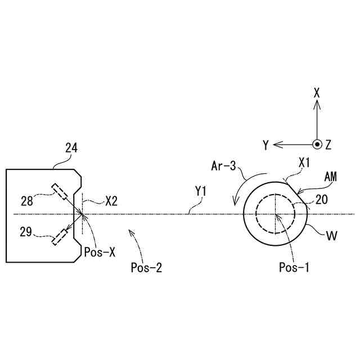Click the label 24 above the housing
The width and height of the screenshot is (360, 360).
click(x=71, y=148)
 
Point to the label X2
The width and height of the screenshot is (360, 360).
click(x=111, y=200)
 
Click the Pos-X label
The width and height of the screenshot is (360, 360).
click(x=99, y=253)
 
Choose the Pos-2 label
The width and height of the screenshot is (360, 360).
click(x=146, y=268)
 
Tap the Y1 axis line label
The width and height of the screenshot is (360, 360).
click(x=201, y=192)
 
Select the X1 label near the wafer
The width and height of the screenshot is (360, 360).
click(x=304, y=163)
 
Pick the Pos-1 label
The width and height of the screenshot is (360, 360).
click(x=294, y=268)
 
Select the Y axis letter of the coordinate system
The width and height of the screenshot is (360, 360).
click(x=265, y=145)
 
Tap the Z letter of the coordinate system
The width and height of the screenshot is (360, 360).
click(x=328, y=145)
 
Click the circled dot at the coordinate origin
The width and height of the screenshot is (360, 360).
click(x=317, y=145)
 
